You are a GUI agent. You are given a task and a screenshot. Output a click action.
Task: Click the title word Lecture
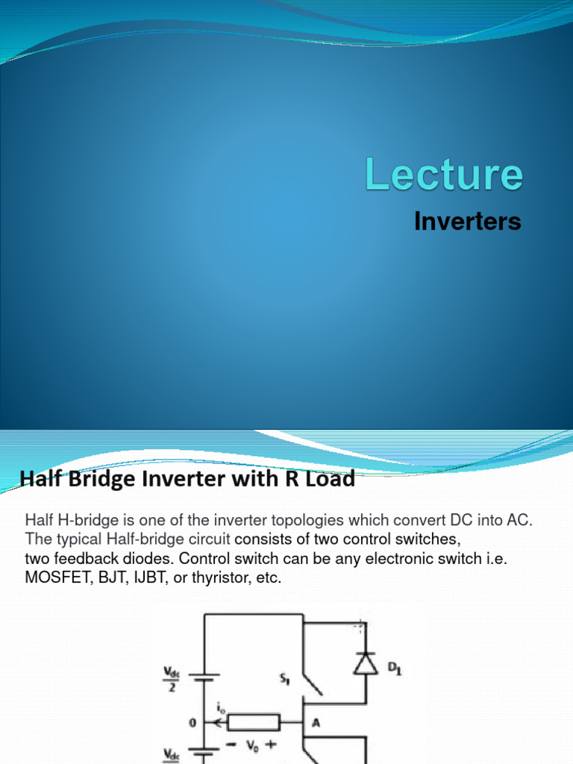444,175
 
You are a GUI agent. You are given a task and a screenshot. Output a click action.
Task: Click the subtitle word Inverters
468,222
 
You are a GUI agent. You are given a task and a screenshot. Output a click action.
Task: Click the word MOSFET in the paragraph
55,577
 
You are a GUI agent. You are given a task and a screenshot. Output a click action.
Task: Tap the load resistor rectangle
254,722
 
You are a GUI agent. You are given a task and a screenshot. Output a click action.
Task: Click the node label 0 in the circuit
192,721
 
